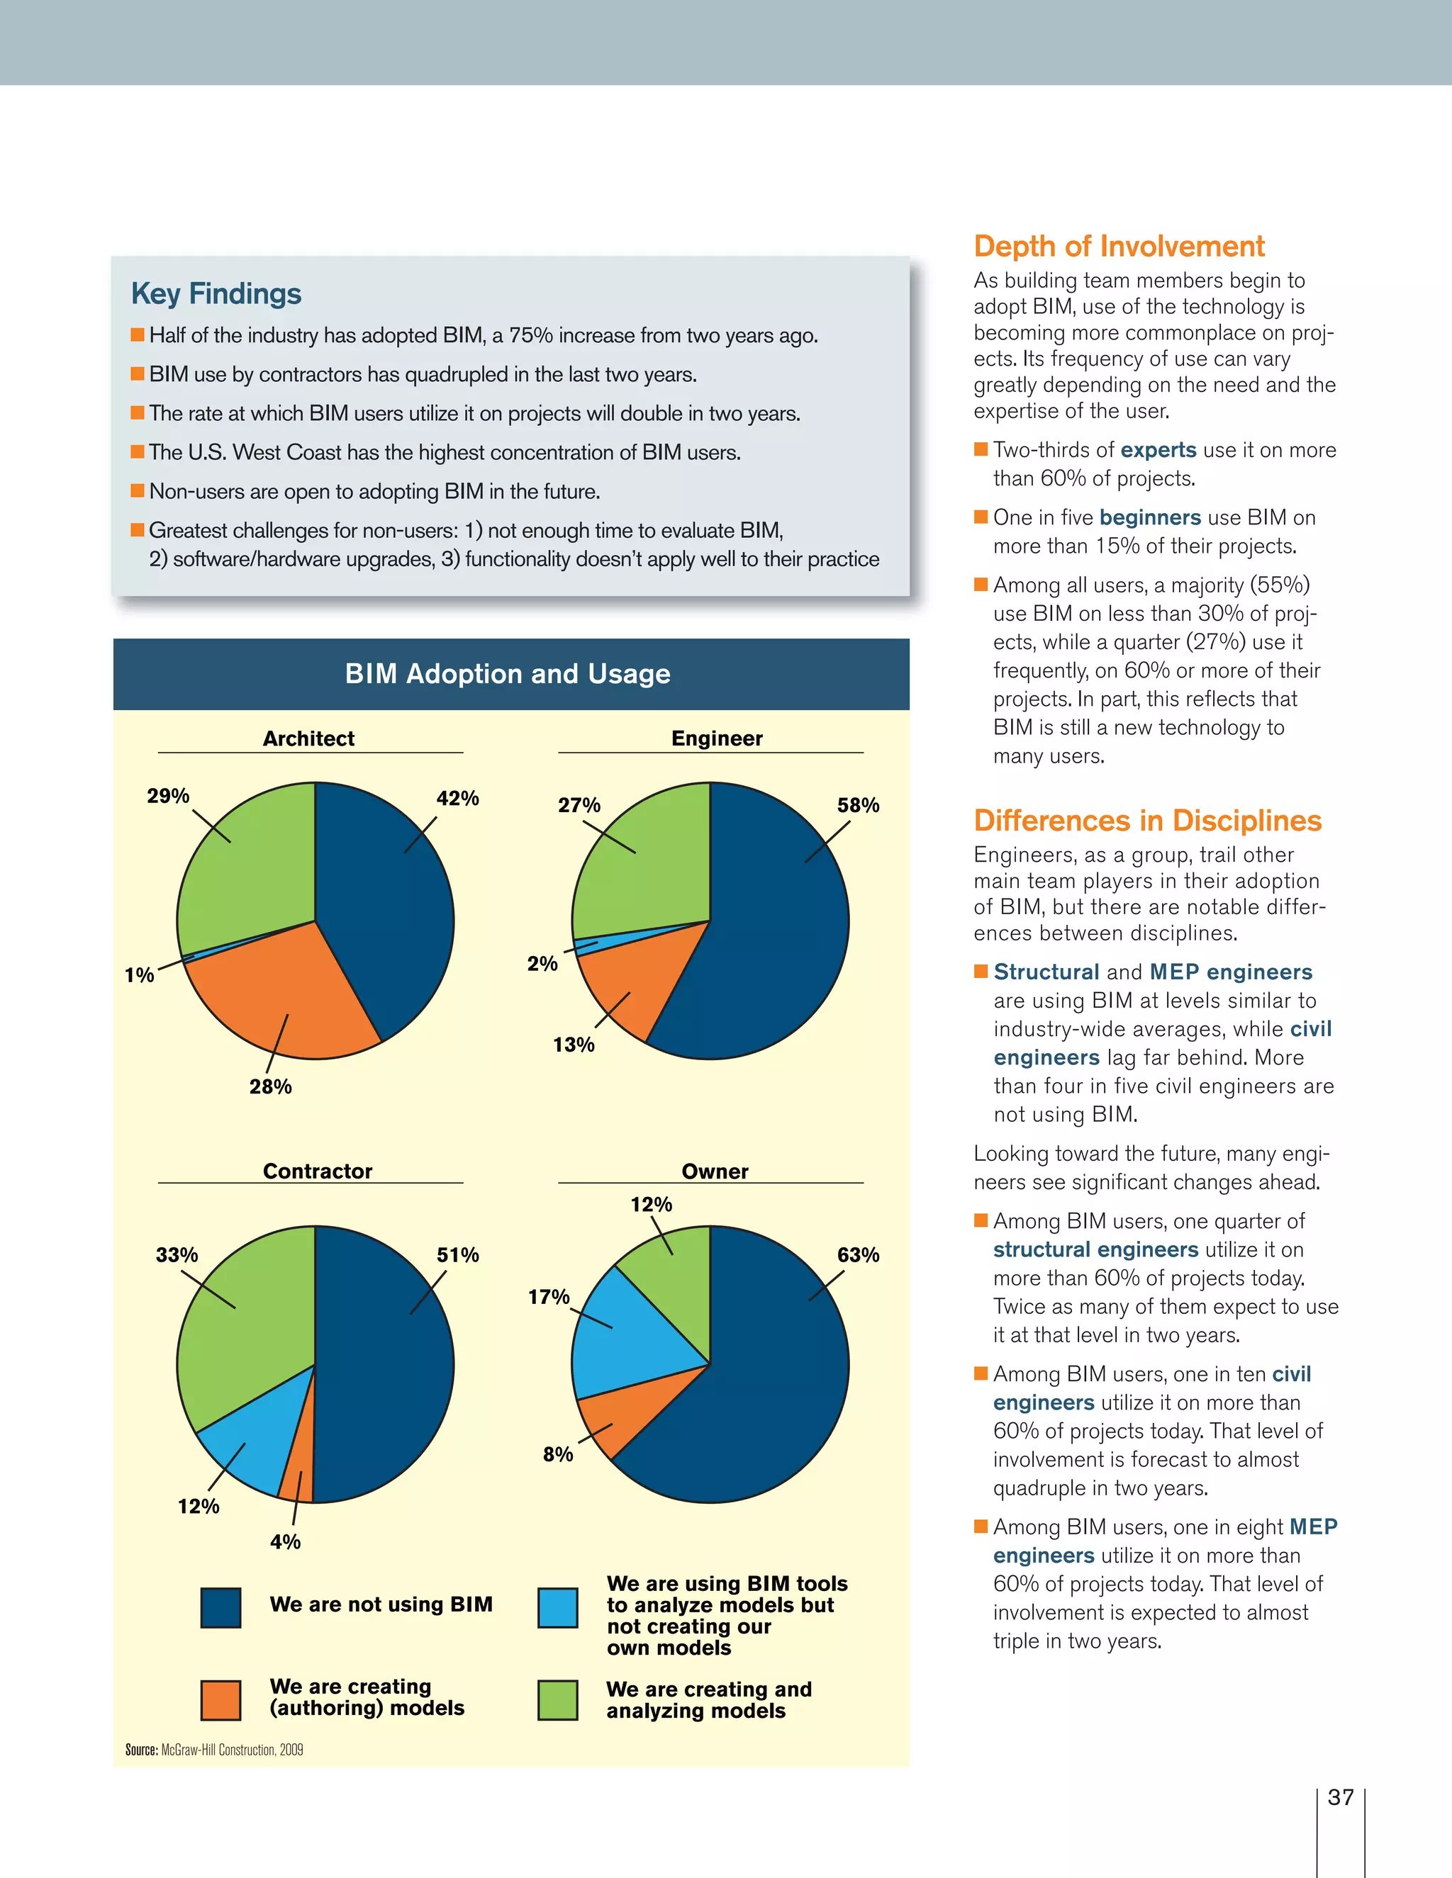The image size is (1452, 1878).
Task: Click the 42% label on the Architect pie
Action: (457, 798)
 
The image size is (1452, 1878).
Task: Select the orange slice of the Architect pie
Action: (275, 998)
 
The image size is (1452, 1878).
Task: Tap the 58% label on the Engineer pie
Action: (858, 805)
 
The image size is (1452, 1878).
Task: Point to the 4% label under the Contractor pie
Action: (285, 1542)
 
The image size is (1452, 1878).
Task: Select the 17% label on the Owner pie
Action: (548, 1297)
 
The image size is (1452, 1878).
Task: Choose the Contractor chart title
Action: (318, 1171)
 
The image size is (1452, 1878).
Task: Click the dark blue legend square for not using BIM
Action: (220, 1608)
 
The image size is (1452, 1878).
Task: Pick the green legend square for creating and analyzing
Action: (557, 1700)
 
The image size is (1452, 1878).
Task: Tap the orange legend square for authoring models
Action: (220, 1700)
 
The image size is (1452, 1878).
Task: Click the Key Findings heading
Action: (216, 293)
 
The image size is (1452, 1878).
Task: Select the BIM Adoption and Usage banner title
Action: (508, 673)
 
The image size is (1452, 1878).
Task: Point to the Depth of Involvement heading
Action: (1118, 246)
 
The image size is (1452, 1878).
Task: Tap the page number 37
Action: (1340, 1797)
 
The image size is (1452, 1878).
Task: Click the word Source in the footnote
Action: (141, 1750)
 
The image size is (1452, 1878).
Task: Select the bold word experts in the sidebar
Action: (1158, 450)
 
